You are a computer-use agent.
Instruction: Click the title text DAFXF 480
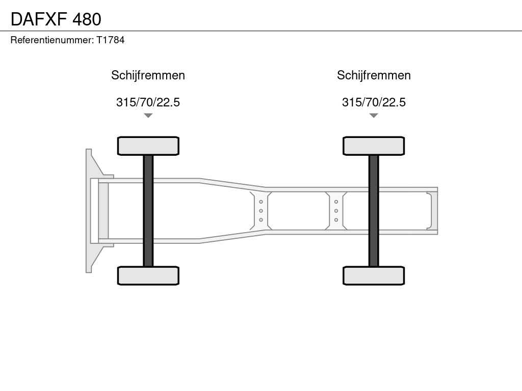pyautogui.click(x=56, y=19)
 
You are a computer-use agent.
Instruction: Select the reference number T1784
pyautogui.click(x=111, y=40)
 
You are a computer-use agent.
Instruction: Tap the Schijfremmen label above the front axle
pyautogui.click(x=148, y=75)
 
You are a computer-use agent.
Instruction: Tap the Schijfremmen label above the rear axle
pyautogui.click(x=374, y=75)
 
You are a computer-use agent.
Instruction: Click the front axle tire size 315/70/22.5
pyautogui.click(x=148, y=102)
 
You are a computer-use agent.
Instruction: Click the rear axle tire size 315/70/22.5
pyautogui.click(x=374, y=102)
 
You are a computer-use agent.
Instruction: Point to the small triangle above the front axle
pyautogui.click(x=148, y=116)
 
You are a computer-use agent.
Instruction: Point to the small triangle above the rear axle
pyautogui.click(x=374, y=116)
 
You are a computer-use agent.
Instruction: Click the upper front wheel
pyautogui.click(x=148, y=146)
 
